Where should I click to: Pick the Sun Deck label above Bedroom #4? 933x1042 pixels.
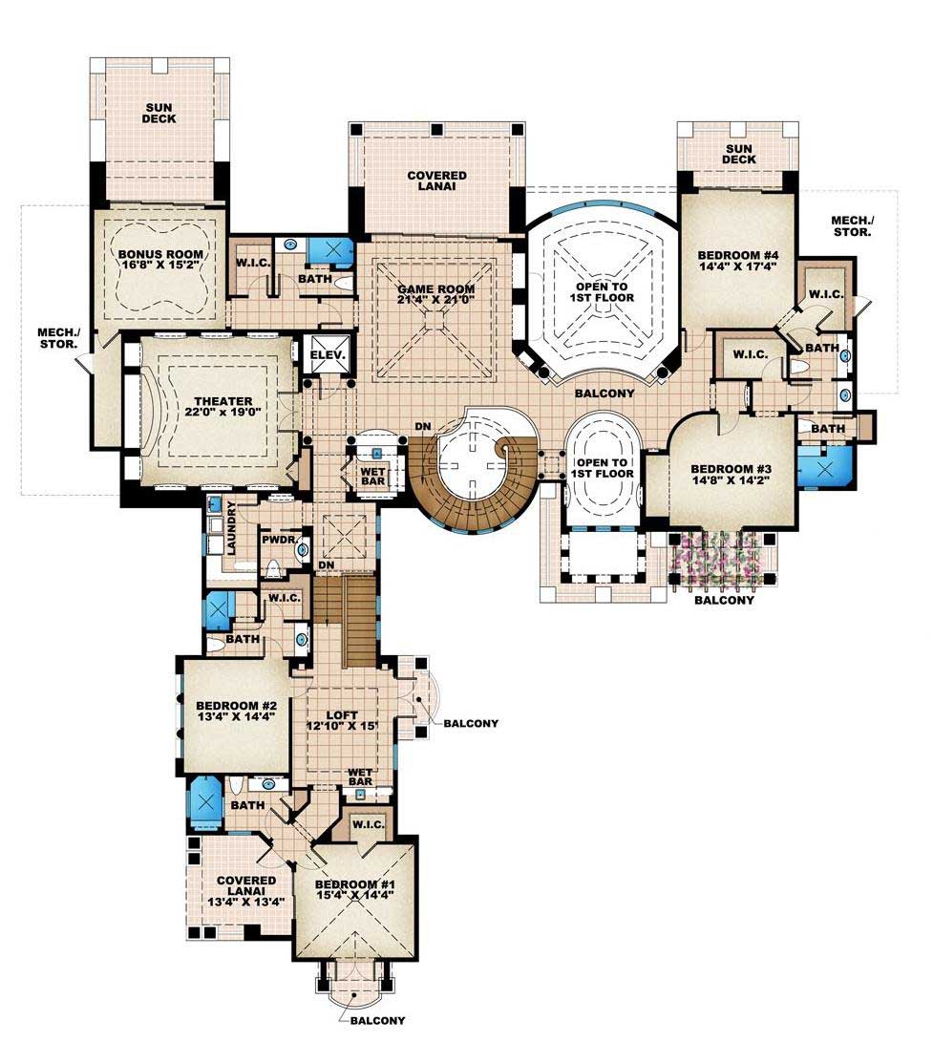tap(738, 153)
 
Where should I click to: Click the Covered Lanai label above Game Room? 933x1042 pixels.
tap(436, 181)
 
